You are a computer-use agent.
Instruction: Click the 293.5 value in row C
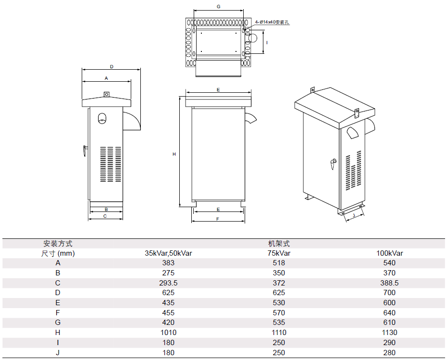pyautogui.click(x=168, y=283)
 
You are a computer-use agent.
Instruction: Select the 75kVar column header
pyautogui.click(x=279, y=253)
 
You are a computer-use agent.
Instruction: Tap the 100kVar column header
pyautogui.click(x=389, y=253)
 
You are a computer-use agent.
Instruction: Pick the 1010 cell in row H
pyautogui.click(x=168, y=332)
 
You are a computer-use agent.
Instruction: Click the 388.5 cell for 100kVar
pyautogui.click(x=389, y=283)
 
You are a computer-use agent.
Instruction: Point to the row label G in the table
pyautogui.click(x=58, y=323)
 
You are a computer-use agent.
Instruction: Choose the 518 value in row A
pyautogui.click(x=279, y=263)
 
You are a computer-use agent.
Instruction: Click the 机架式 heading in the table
pyautogui.click(x=279, y=244)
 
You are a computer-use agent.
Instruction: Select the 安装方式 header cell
pyautogui.click(x=58, y=244)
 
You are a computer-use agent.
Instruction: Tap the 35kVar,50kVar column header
pyautogui.click(x=168, y=253)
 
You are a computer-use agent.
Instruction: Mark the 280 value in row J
pyautogui.click(x=389, y=353)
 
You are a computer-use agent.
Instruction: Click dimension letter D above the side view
pyautogui.click(x=112, y=67)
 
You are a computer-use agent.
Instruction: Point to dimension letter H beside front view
pyautogui.click(x=174, y=154)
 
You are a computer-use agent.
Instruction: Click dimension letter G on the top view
pyautogui.click(x=219, y=7)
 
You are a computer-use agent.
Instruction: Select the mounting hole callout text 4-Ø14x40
pyautogui.click(x=265, y=22)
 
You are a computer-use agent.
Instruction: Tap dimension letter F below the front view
pyautogui.click(x=218, y=219)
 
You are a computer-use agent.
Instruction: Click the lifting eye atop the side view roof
pyautogui.click(x=107, y=94)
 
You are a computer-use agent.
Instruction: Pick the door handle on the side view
pyautogui.click(x=85, y=151)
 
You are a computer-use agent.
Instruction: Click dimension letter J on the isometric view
pyautogui.click(x=354, y=215)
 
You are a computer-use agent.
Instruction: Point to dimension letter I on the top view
pyautogui.click(x=267, y=42)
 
